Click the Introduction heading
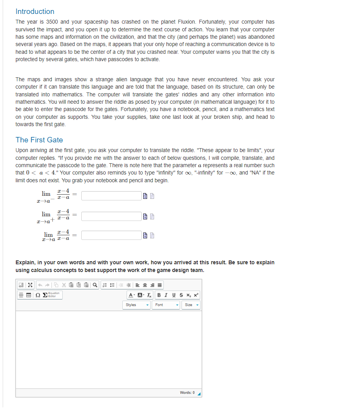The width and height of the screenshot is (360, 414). click(35, 12)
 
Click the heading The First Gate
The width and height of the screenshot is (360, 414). click(39, 140)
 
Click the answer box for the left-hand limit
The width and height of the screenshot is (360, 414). click(111, 196)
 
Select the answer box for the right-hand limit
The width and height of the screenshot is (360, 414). click(111, 216)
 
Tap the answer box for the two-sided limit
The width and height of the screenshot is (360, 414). click(111, 235)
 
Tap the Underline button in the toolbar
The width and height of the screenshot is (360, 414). click(174, 295)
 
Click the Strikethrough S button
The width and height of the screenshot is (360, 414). click(181, 295)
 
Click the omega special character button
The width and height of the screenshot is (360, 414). click(38, 295)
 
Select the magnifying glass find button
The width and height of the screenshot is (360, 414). click(94, 285)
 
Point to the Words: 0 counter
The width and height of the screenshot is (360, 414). click(187, 393)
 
